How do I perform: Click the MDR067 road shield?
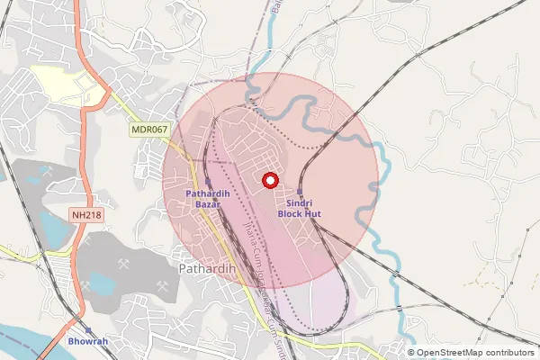[149, 130]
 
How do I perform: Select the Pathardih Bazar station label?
[208, 199]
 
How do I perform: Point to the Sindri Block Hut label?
[300, 209]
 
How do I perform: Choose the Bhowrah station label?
[88, 342]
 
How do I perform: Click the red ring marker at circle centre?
[269, 181]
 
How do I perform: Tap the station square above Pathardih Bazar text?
[208, 181]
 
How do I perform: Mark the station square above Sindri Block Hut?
[300, 192]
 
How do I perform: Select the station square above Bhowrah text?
[88, 329]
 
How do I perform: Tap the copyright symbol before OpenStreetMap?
[412, 353]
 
